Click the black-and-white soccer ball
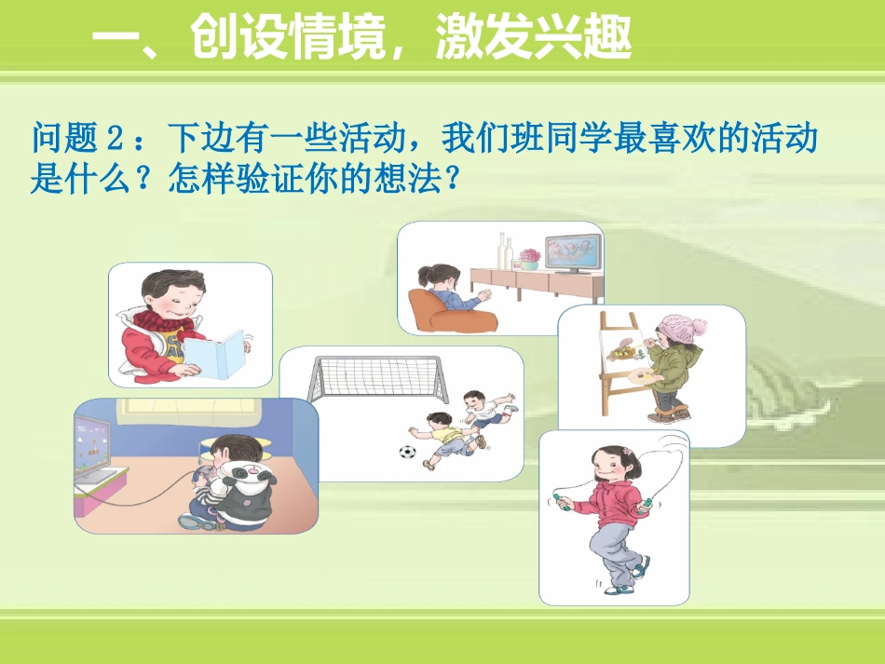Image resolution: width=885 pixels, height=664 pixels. tap(407, 453)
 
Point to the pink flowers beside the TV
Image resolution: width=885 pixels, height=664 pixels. tap(529, 255)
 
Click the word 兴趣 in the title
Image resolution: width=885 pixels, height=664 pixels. tap(584, 38)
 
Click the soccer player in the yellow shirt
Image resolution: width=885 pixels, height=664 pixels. tap(443, 437)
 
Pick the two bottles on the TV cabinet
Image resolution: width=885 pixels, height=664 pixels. tap(505, 251)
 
